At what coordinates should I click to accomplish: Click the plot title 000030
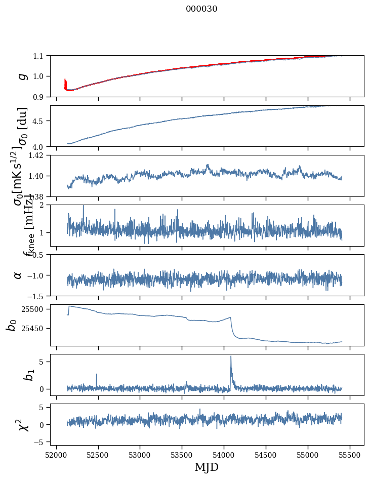coord(201,9)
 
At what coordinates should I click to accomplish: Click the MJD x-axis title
coord(207,467)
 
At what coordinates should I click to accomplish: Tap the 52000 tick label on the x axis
coord(56,455)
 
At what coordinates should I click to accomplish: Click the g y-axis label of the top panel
coord(22,76)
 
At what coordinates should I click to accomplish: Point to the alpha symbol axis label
coord(18,274)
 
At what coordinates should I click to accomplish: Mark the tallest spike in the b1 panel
coord(231,356)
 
